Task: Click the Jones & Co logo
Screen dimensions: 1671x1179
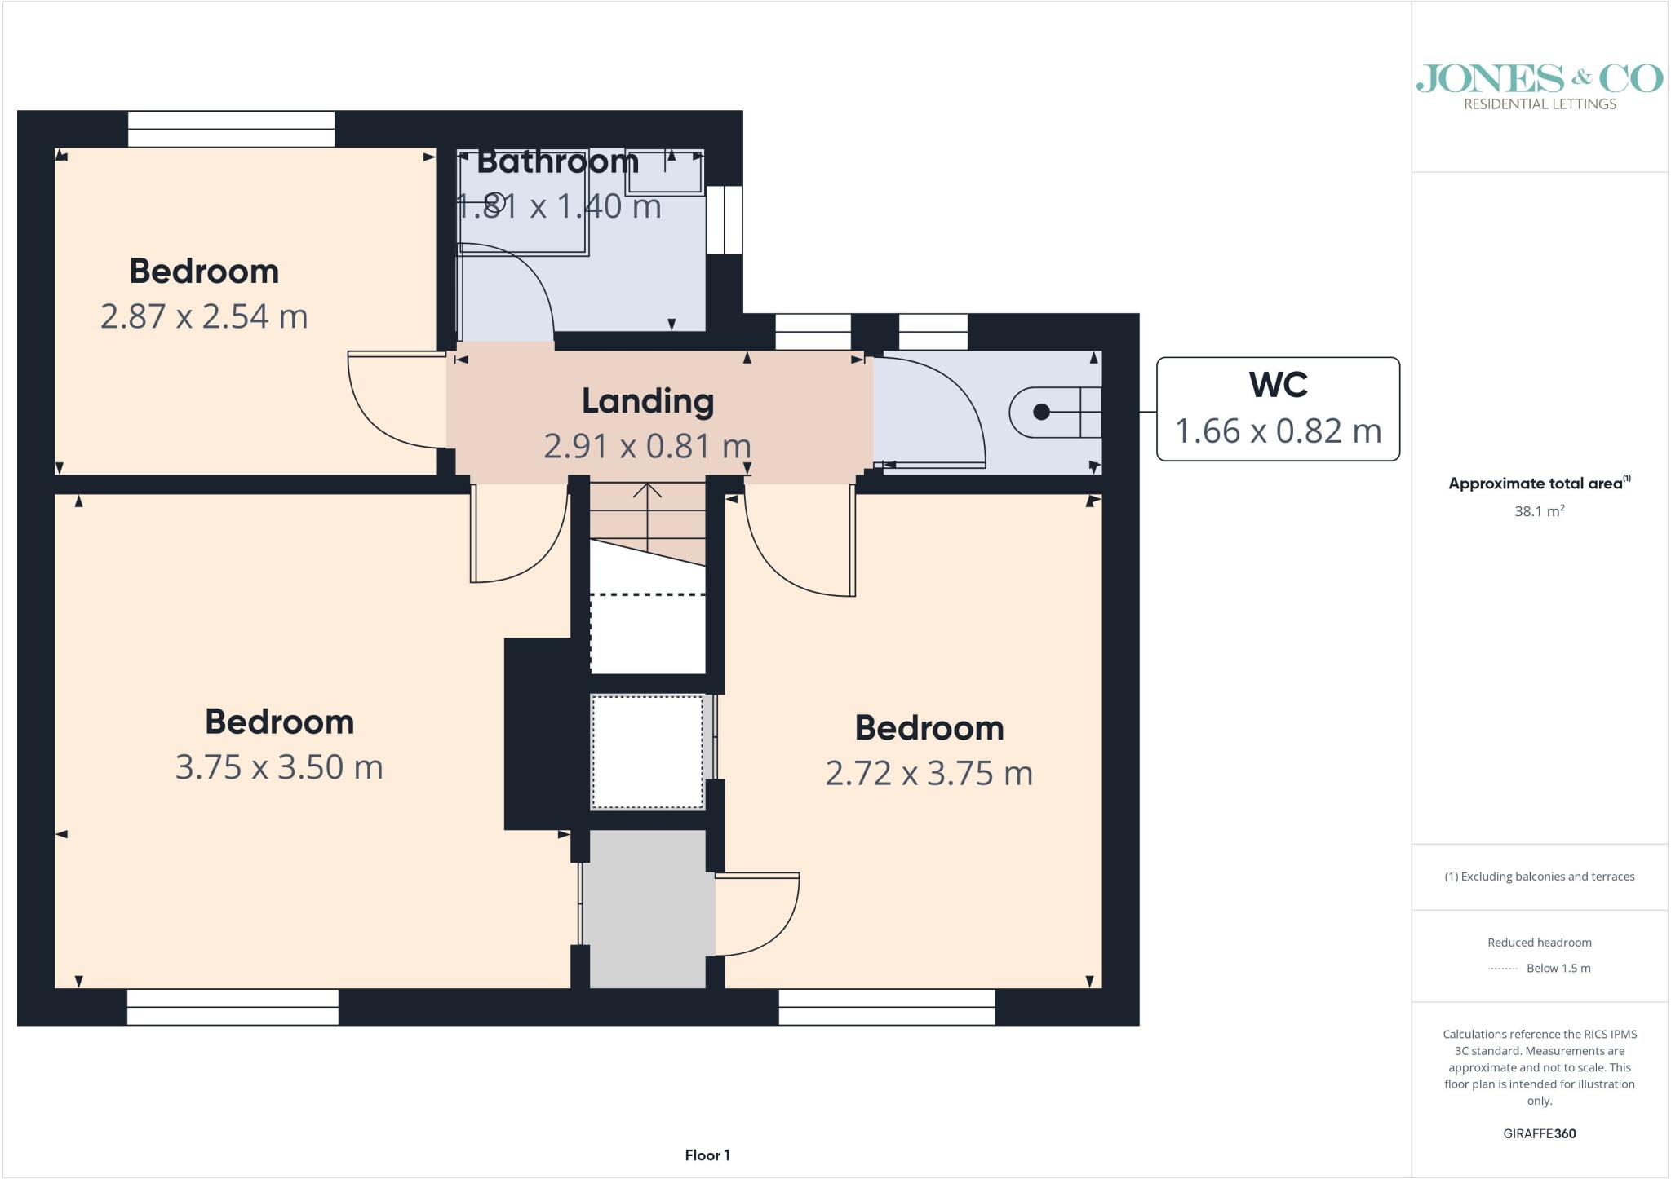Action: click(x=1540, y=87)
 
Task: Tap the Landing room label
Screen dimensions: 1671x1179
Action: click(x=648, y=401)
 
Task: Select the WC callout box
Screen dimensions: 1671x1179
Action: click(x=1278, y=408)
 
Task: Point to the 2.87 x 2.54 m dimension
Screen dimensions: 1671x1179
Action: click(x=204, y=316)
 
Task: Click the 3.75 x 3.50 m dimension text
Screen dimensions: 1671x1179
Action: click(x=279, y=767)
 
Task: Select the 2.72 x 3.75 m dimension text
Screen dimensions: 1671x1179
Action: click(x=929, y=773)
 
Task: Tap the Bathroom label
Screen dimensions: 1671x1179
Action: click(x=557, y=161)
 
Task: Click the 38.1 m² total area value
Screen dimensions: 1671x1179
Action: click(x=1540, y=511)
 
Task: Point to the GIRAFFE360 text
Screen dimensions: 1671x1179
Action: click(x=1540, y=1133)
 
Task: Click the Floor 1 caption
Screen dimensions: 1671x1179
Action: click(x=707, y=1155)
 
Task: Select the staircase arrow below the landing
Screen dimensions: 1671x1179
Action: click(x=648, y=518)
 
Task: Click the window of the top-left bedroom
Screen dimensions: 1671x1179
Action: click(x=232, y=129)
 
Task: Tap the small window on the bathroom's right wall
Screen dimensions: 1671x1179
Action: click(x=725, y=220)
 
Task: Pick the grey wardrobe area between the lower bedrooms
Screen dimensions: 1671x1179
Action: click(x=648, y=909)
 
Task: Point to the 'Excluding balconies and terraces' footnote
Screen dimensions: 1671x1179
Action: click(x=1540, y=877)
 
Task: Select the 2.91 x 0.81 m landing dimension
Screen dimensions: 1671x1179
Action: click(x=648, y=446)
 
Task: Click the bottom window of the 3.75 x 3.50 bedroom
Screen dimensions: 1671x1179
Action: click(x=233, y=1007)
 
